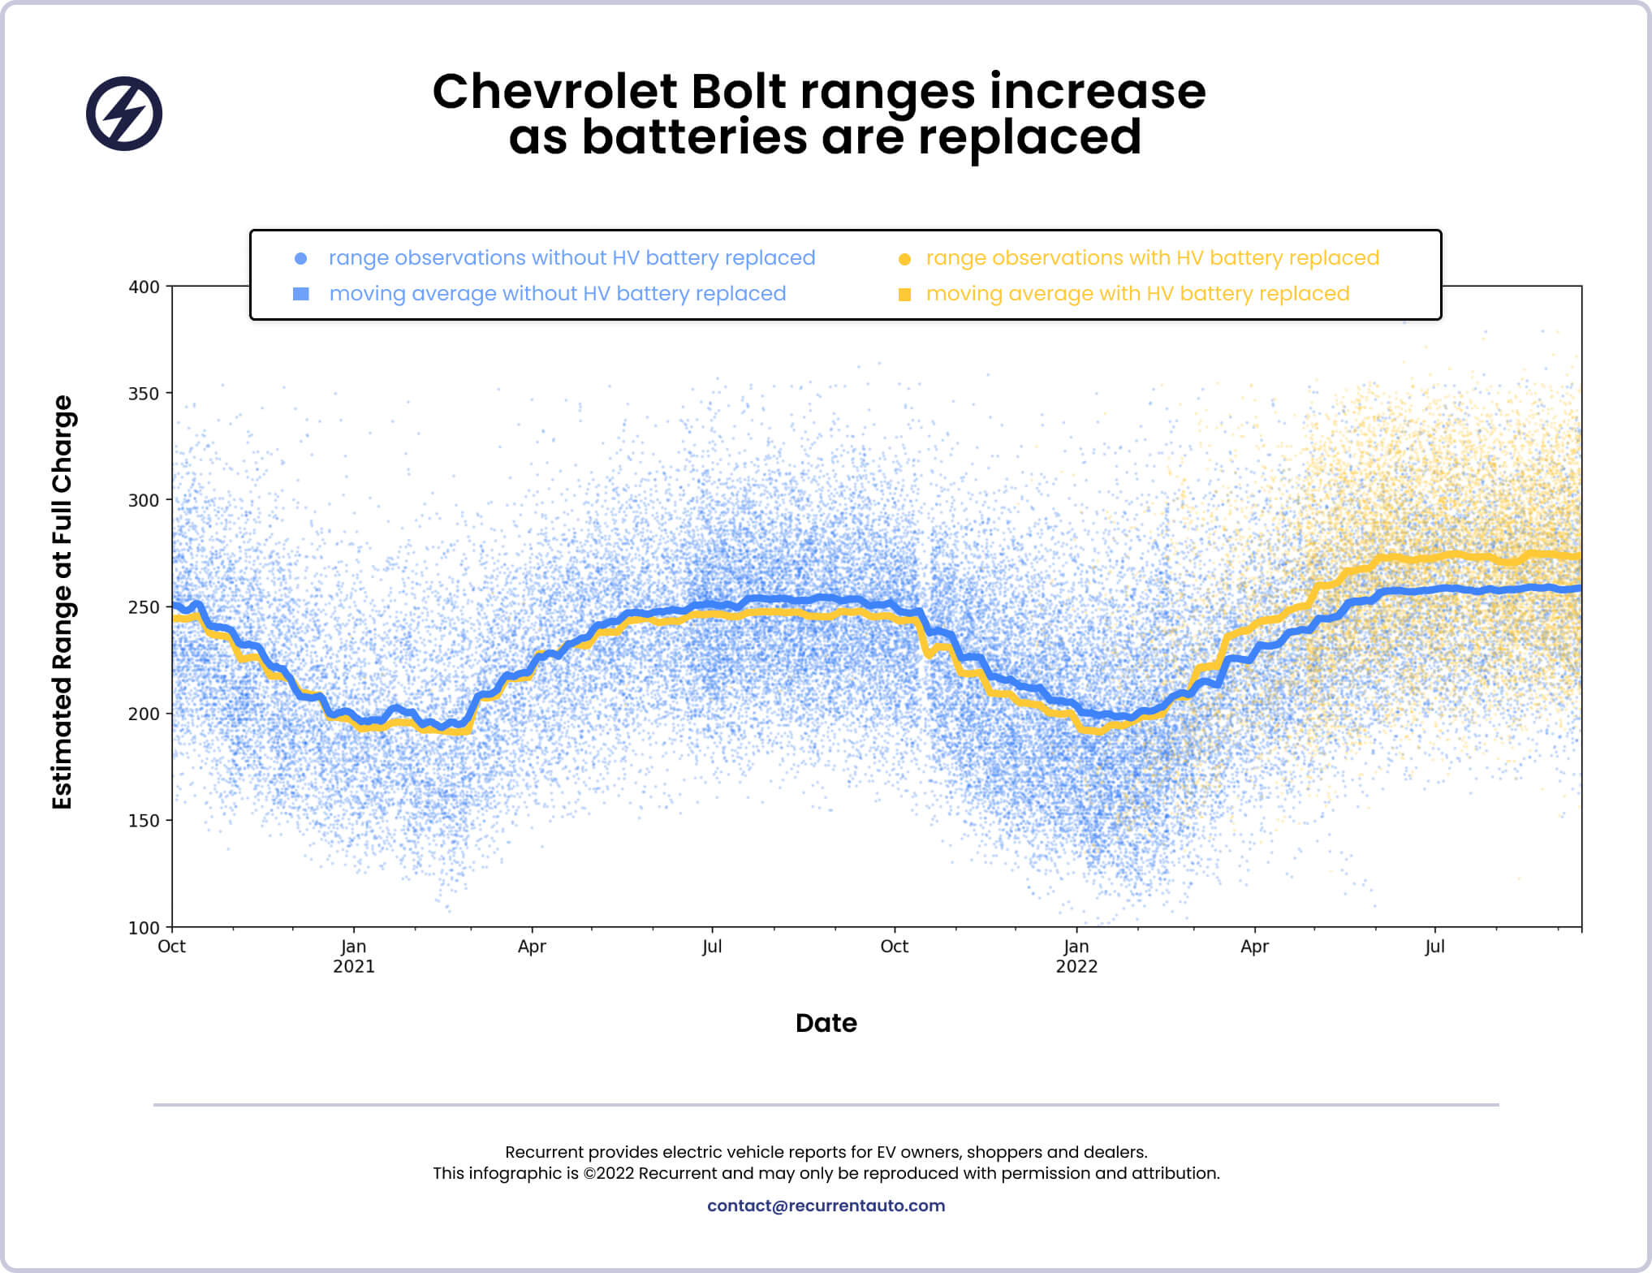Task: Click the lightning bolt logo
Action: coord(124,114)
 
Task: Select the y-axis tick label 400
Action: coord(144,287)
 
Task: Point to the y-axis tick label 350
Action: coord(144,394)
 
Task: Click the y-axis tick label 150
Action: coord(144,821)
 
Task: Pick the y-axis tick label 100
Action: coord(144,928)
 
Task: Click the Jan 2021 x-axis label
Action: coord(354,956)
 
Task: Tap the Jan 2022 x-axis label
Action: coord(1076,956)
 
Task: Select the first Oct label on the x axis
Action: coord(171,947)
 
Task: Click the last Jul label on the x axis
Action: coord(1434,947)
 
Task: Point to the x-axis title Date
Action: coord(826,1023)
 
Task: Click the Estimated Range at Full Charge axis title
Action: coord(63,602)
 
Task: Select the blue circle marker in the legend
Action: coord(300,258)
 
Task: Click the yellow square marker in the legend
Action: coord(904,294)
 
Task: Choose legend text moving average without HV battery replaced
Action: coord(557,294)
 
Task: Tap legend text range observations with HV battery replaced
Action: coord(1152,258)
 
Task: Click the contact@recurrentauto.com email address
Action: coord(826,1206)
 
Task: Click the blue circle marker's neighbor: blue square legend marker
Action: coord(300,294)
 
